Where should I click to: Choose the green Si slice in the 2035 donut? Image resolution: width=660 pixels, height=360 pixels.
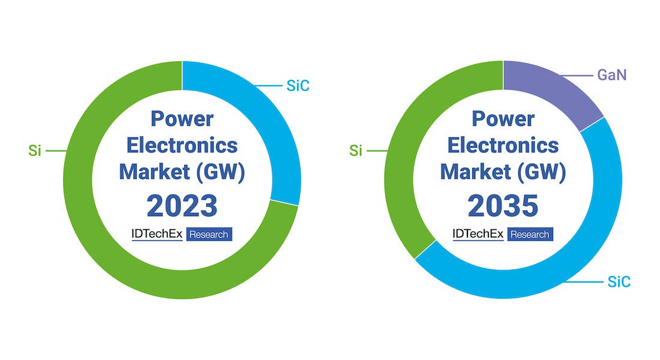pos(400,169)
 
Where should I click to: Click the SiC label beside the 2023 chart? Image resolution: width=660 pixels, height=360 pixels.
pos(298,85)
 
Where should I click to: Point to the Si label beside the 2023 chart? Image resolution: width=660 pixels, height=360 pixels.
pos(35,151)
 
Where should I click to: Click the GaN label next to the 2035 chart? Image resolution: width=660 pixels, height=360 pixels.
pos(612,75)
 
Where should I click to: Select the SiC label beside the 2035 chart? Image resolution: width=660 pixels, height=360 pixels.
pos(619,281)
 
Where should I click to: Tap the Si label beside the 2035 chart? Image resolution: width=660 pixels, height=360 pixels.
pos(356,151)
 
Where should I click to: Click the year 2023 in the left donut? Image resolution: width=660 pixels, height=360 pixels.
pos(182,206)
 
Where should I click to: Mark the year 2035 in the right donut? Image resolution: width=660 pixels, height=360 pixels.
pos(503,206)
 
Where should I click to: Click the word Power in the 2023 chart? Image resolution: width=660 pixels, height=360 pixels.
pos(182,119)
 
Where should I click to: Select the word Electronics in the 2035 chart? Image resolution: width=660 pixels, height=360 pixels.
pos(503,145)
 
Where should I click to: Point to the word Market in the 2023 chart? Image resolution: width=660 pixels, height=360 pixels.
pos(154,172)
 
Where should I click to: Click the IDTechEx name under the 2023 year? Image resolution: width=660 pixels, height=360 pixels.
pos(157,233)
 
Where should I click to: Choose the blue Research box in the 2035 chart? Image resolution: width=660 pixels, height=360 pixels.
pos(530,234)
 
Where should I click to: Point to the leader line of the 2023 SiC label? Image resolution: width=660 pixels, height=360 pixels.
pos(268,86)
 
